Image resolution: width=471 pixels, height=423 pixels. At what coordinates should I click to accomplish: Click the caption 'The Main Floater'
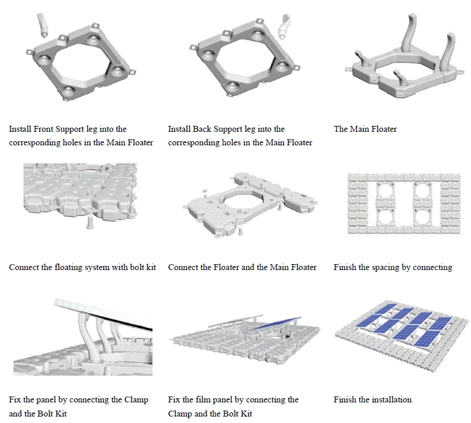tap(365, 129)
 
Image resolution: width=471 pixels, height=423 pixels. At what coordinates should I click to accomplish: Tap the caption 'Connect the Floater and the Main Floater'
tap(242, 267)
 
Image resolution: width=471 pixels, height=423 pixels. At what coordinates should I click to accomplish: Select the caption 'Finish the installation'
tap(372, 399)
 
